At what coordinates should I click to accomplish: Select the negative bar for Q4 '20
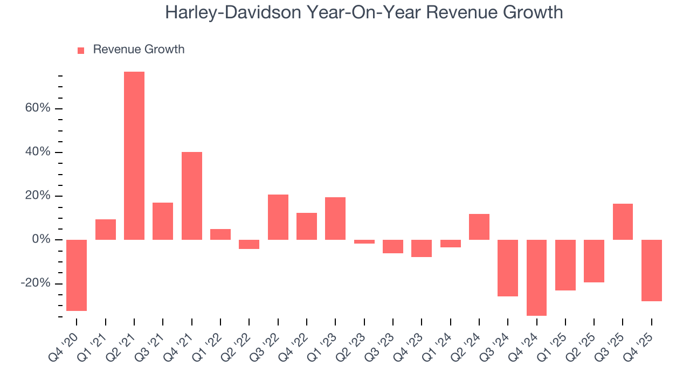[77, 275]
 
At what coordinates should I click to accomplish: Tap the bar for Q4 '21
[192, 196]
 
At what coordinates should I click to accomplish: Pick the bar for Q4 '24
[536, 278]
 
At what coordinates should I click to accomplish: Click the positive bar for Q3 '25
[623, 221]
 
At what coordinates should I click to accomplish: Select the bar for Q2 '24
[479, 227]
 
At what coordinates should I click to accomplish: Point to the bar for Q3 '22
[278, 217]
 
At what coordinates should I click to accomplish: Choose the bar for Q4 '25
[652, 270]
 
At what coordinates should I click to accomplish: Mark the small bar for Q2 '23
[364, 241]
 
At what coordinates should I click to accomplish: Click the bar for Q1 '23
[335, 218]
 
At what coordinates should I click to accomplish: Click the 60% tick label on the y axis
[37, 108]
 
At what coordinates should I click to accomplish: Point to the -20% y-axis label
[36, 283]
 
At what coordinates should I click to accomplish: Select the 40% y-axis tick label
[37, 152]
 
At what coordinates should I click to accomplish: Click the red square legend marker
[81, 51]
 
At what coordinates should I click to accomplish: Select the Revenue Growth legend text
[139, 50]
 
